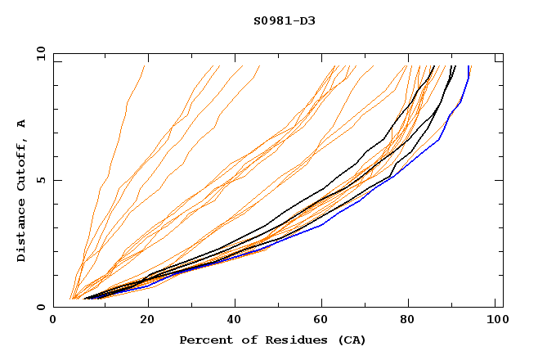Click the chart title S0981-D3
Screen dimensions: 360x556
[285, 20]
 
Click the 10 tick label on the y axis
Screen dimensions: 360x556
[38, 53]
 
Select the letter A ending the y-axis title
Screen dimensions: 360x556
[22, 124]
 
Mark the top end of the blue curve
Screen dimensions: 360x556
[469, 67]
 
